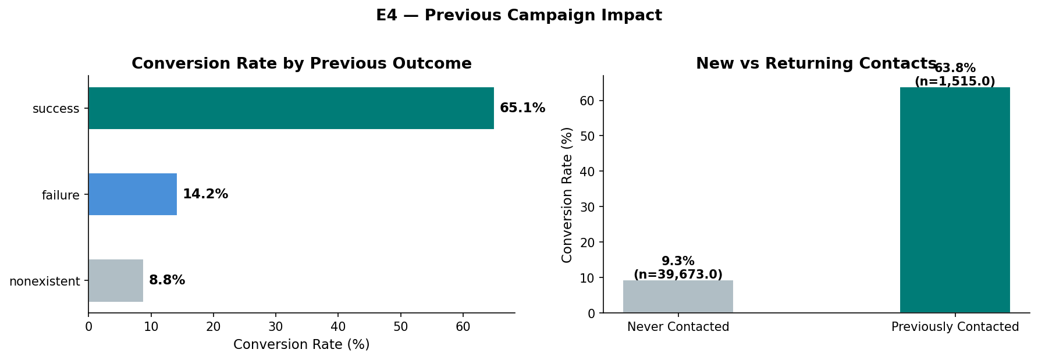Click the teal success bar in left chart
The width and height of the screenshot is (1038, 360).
(291, 108)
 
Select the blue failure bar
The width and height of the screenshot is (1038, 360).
(133, 194)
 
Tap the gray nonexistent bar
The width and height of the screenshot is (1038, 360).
(116, 280)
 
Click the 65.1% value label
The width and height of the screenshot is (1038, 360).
(522, 108)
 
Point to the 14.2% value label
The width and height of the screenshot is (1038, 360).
(205, 194)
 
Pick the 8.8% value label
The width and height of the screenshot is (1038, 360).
(167, 280)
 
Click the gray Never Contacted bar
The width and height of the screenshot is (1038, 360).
(678, 297)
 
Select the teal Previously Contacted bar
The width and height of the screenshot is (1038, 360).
(955, 201)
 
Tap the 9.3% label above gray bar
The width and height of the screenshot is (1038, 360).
(678, 262)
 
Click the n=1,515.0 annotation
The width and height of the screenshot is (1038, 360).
(955, 81)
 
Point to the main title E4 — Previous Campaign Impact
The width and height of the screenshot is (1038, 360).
(518, 16)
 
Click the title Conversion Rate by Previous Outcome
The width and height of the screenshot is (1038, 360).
(301, 64)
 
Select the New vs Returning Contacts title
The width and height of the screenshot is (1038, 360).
(816, 64)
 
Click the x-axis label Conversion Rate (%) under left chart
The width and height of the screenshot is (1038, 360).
(301, 344)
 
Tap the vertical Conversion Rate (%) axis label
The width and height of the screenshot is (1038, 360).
(567, 194)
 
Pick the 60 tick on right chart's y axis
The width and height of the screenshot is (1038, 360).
(588, 101)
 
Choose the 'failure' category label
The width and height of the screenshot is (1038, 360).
(61, 195)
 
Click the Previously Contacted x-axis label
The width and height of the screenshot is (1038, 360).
(955, 327)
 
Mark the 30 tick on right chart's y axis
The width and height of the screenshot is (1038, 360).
(588, 207)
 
